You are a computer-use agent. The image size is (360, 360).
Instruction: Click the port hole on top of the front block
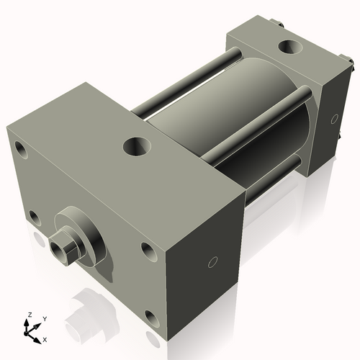(x=136, y=146)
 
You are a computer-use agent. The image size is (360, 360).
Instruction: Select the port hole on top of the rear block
(x=291, y=48)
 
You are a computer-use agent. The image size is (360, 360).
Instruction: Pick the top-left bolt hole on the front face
(x=19, y=150)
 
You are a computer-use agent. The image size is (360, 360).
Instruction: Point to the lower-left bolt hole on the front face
(x=34, y=215)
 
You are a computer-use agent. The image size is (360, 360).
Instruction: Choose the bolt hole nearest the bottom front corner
(x=150, y=316)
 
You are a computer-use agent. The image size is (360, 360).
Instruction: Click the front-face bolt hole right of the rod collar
(x=148, y=251)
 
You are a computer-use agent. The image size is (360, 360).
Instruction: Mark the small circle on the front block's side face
(x=212, y=262)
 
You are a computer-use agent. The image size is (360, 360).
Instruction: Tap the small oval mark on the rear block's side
(x=333, y=118)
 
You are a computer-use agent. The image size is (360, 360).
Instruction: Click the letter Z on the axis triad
(x=30, y=315)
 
